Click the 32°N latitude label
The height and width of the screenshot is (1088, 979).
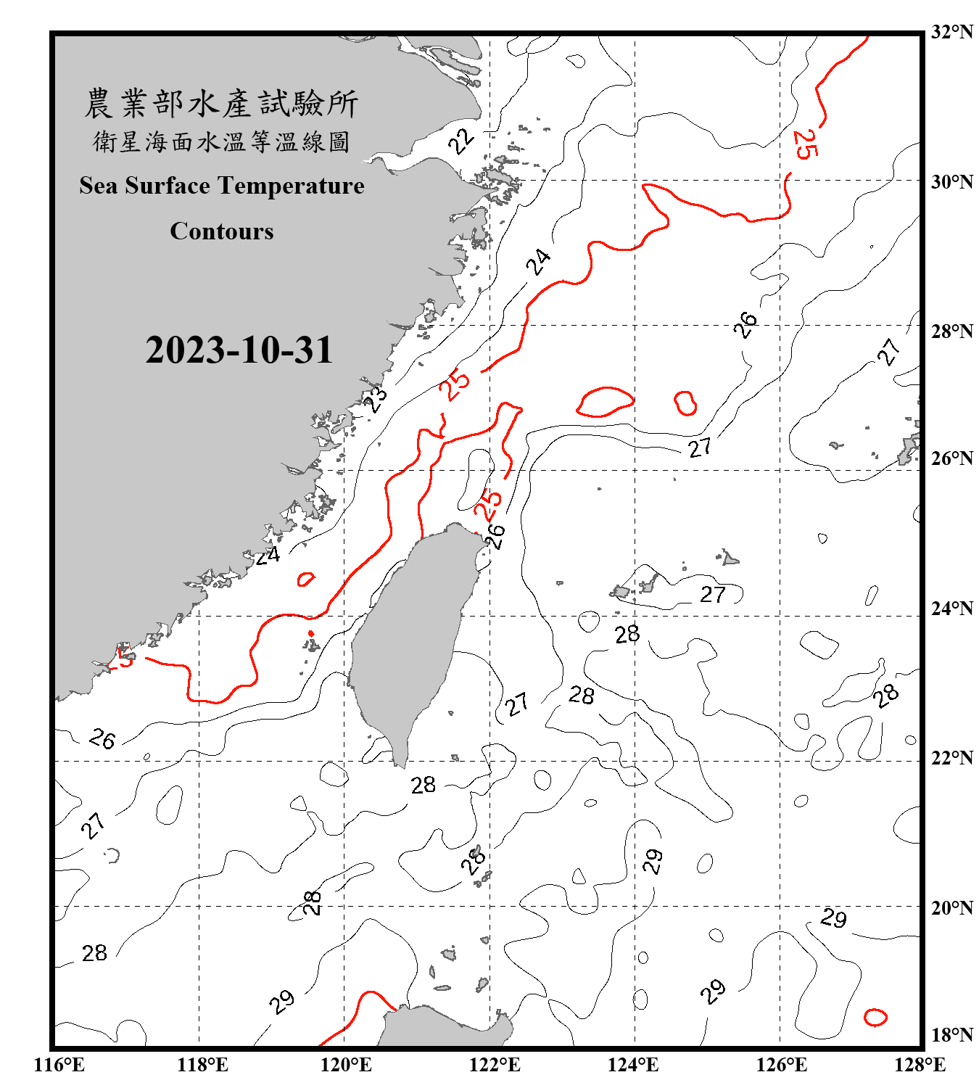951,32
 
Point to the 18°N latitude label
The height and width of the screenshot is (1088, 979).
951,1034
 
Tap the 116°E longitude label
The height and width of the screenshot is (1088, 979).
59,1065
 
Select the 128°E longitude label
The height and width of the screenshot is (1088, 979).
920,1065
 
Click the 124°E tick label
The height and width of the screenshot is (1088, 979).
633,1065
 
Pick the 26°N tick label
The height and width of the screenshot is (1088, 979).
951,458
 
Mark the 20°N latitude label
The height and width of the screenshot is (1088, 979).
951,907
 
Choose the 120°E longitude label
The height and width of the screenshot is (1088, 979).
346,1065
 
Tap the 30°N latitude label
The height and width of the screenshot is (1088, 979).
951,181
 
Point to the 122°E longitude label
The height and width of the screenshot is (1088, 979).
495,1065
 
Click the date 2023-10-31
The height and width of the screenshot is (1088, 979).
239,350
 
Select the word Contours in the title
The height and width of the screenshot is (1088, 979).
222,231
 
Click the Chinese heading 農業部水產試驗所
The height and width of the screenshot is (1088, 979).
222,104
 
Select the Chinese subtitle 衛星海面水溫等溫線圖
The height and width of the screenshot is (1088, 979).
222,141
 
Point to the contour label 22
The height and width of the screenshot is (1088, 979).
461,140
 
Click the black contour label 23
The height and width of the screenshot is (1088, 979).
376,399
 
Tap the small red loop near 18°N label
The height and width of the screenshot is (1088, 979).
875,1017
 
